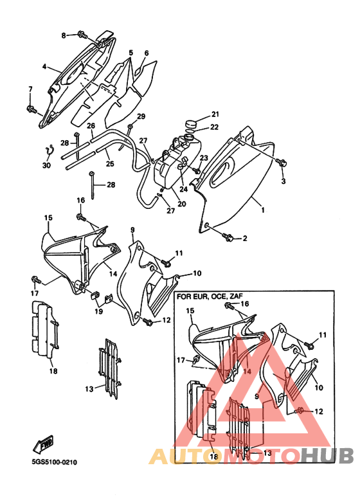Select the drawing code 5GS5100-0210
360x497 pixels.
click(x=55, y=462)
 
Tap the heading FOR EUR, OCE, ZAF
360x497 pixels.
click(x=210, y=296)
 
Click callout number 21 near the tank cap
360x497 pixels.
click(x=215, y=114)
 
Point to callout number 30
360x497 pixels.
click(x=46, y=165)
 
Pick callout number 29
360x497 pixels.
click(x=141, y=116)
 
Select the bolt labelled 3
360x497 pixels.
click(x=281, y=163)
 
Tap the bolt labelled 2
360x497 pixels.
click(x=228, y=237)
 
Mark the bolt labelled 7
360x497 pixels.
click(x=32, y=109)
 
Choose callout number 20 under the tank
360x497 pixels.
click(x=181, y=204)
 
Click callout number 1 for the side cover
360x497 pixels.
click(x=262, y=210)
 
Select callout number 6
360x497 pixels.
click(x=147, y=53)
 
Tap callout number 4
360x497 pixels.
click(x=44, y=67)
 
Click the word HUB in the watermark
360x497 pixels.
click(x=327, y=456)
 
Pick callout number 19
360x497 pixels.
click(x=98, y=311)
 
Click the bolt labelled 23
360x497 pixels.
click(x=196, y=170)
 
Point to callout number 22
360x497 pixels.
click(x=215, y=127)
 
